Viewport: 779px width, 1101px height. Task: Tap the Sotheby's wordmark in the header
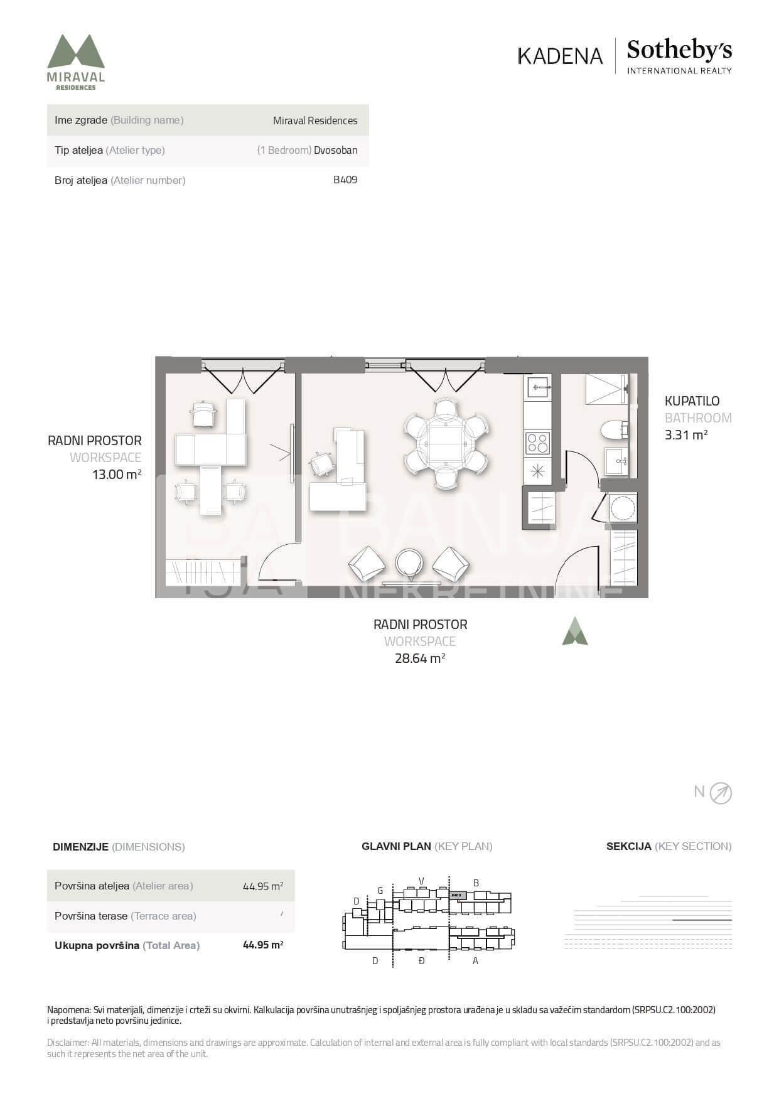point(679,50)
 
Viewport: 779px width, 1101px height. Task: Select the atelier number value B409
point(345,180)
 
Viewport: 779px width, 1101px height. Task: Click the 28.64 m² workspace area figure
point(420,658)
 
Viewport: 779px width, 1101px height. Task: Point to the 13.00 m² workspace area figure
point(117,475)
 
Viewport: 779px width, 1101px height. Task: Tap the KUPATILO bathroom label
point(692,401)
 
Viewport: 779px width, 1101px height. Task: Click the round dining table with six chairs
point(446,443)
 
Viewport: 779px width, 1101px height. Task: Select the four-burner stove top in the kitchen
point(537,443)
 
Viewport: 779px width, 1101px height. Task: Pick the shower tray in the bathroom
point(606,389)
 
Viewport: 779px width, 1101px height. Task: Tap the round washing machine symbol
point(623,508)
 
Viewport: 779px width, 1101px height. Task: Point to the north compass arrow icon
point(721,793)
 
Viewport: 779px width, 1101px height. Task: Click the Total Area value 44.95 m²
point(263,945)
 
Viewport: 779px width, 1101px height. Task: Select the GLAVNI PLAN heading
point(396,846)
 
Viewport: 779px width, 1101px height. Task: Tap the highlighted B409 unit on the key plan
point(458,895)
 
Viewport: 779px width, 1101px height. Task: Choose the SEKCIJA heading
point(628,846)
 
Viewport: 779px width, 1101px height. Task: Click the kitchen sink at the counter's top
point(537,387)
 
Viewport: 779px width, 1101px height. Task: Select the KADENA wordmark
point(560,56)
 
